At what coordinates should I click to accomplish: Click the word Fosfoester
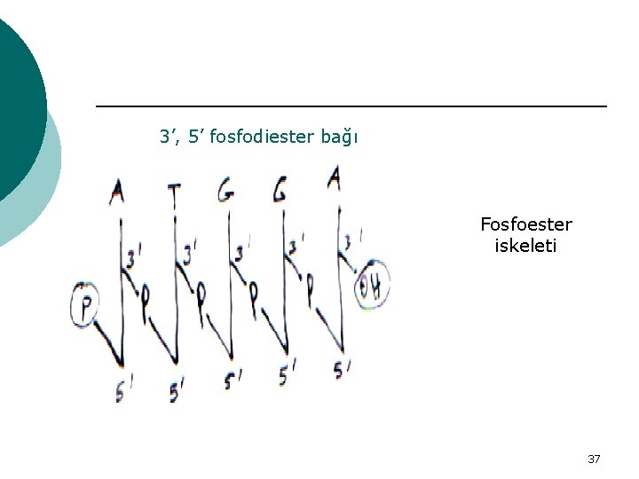[x=526, y=224]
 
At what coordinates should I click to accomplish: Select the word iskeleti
[x=526, y=246]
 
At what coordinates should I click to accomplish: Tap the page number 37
[x=594, y=459]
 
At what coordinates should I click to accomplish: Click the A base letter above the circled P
[x=117, y=192]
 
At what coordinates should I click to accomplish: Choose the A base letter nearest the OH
[x=335, y=180]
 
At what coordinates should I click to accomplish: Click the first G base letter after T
[x=226, y=190]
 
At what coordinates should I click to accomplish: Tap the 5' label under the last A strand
[x=342, y=370]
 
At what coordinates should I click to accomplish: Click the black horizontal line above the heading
[x=351, y=106]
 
